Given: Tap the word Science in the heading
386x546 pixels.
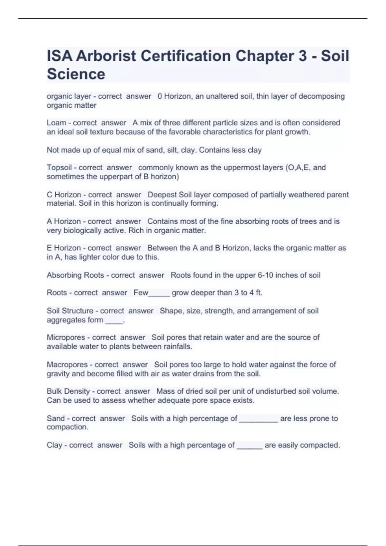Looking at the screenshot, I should pyautogui.click(x=76, y=74).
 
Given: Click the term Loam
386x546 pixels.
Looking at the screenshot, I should pyautogui.click(x=56, y=123).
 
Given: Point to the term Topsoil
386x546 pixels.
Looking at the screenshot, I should pyautogui.click(x=59, y=167).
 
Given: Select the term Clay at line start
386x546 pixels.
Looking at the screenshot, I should pyautogui.click(x=54, y=445).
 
